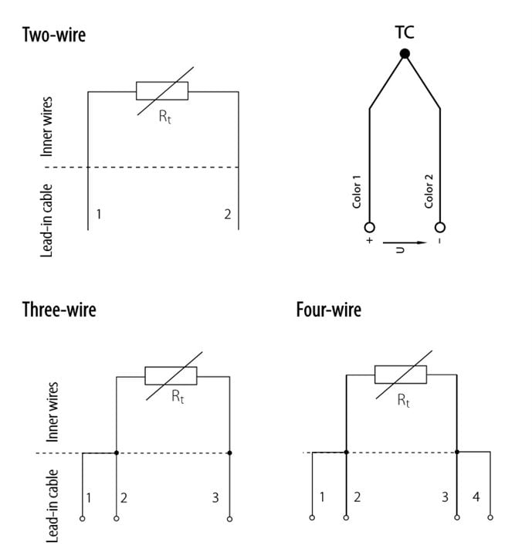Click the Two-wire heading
pos(54,35)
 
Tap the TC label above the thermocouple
pos(405,32)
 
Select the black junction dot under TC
pos(405,53)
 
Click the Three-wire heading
pos(59,310)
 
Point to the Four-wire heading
pos(329,310)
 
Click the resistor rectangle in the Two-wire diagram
pos(162,91)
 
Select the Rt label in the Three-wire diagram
pos(178,396)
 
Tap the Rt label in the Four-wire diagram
pos(403,401)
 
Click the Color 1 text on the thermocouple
pos(357,192)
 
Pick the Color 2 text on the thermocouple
pos(429,191)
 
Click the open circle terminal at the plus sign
pos(369,227)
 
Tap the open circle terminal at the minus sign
pos(440,227)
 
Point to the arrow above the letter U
pos(405,243)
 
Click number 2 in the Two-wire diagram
pos(228,214)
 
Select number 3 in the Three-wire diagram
pos(215,497)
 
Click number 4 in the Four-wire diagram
pos(476,497)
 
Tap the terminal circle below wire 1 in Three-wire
pos(83,518)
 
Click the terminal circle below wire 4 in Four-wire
pos(490,517)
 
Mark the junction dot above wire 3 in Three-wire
pos(229,453)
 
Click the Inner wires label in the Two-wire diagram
pos(46,127)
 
